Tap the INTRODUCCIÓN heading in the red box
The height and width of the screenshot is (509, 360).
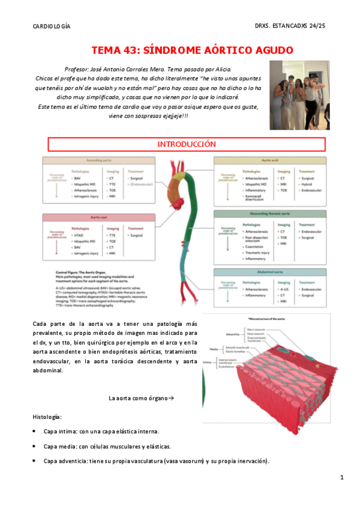pos(186,145)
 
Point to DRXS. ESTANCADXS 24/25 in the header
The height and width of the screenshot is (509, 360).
pos(290,27)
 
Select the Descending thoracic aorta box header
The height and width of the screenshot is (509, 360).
pos(270,214)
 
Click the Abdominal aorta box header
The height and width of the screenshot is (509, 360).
pos(270,273)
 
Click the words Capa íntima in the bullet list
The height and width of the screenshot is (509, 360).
pos(60,431)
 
